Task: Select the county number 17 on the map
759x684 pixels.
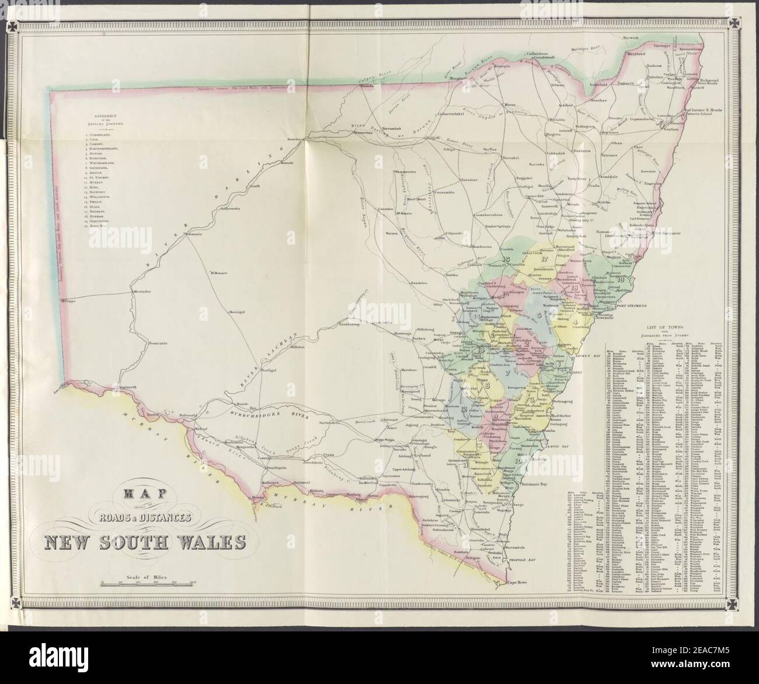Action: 544,258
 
